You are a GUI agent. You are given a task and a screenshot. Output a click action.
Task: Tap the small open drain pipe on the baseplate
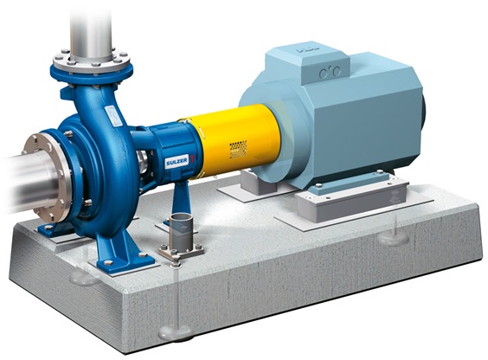[x=181, y=229]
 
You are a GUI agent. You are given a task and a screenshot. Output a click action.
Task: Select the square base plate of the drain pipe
[x=181, y=254]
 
